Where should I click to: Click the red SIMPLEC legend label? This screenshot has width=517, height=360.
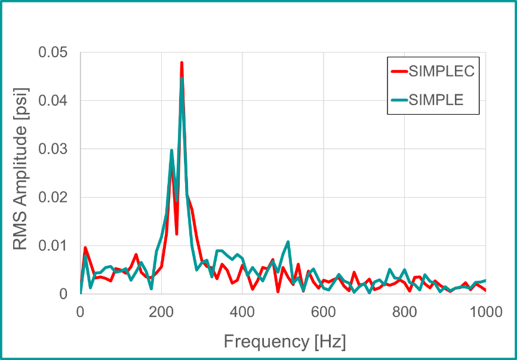click(441, 72)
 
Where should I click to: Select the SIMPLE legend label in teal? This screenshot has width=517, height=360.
click(436, 100)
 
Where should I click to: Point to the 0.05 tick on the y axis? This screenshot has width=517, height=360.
click(53, 53)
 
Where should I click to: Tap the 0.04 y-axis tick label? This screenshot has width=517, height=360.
click(53, 101)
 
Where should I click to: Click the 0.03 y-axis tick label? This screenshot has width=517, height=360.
click(53, 149)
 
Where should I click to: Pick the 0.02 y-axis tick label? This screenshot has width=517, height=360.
click(53, 198)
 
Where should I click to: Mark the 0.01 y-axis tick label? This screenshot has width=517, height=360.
click(53, 246)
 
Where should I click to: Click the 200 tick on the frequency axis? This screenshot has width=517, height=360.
click(161, 312)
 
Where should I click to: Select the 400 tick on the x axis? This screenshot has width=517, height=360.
click(242, 312)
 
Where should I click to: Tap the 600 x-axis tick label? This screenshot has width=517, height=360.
click(324, 312)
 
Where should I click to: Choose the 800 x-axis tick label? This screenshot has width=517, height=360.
click(405, 312)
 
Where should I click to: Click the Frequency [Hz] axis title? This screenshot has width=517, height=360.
click(285, 342)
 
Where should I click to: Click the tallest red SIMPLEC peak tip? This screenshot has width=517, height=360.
click(181, 62)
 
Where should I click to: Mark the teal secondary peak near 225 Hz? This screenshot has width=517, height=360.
click(172, 150)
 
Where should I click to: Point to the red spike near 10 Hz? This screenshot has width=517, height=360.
click(85, 247)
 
